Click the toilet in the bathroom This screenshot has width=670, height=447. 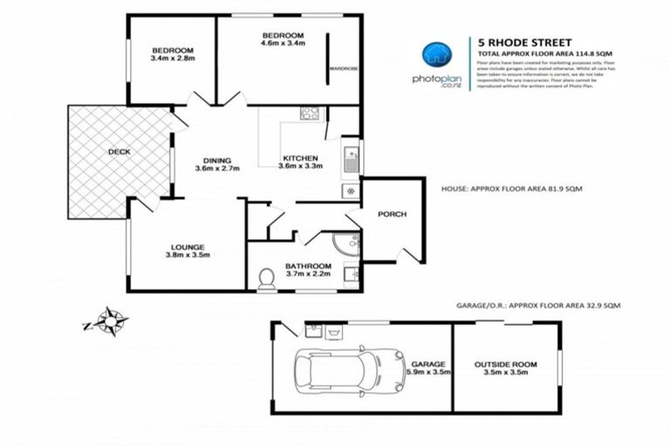pyautogui.click(x=267, y=278)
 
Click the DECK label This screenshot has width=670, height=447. pyautogui.click(x=120, y=151)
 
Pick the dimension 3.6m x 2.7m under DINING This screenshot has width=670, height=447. pyautogui.click(x=216, y=169)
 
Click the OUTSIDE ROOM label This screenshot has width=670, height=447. pyautogui.click(x=505, y=363)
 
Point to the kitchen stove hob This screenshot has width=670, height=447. pyautogui.click(x=309, y=113)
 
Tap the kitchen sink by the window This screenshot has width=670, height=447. pyautogui.click(x=351, y=159)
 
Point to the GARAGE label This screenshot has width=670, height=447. pyautogui.click(x=429, y=364)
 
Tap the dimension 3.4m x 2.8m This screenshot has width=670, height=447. pyautogui.click(x=172, y=59)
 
